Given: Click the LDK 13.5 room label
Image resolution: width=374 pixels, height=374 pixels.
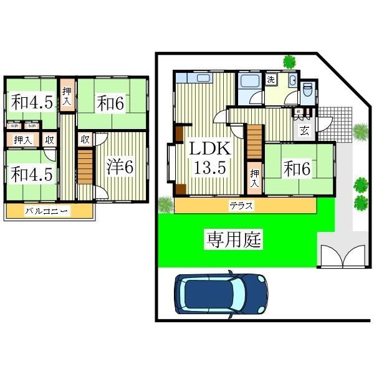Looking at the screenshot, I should (x=211, y=158).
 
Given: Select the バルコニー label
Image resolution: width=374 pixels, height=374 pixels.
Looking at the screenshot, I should (x=47, y=211).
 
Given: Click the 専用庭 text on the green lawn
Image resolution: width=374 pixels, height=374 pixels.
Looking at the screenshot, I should (x=234, y=238).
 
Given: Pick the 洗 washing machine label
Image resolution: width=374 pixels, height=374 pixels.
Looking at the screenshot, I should (x=271, y=79).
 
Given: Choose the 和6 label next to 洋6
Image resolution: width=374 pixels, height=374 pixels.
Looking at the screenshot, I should (x=110, y=103).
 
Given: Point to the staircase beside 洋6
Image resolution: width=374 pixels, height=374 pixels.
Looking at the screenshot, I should (x=84, y=169).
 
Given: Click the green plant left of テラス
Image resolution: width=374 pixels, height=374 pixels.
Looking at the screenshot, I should (x=165, y=204).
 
